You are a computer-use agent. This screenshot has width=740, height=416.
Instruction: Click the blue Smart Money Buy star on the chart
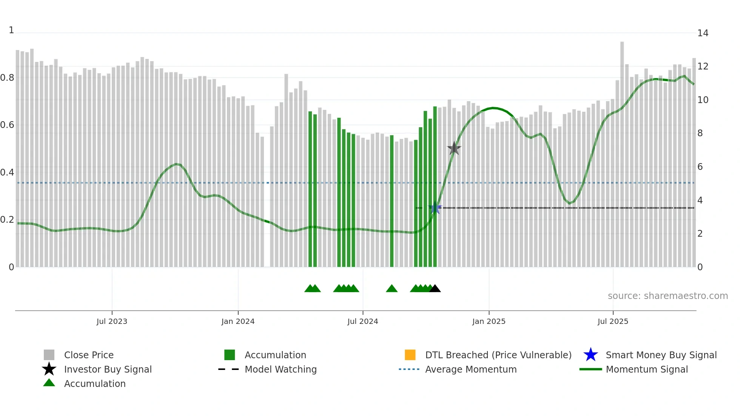pos(435,208)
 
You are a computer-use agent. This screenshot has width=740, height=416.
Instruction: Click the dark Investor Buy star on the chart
pos(454,148)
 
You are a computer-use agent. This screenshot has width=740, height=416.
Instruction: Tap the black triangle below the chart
pos(435,289)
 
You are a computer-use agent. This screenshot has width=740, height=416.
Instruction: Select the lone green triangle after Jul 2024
pos(392,289)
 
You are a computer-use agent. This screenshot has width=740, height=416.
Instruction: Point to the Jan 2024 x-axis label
pos(238,321)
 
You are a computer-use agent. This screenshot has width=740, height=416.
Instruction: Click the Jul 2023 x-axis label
pos(112,321)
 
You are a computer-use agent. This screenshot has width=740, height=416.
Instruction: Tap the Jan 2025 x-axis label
pos(489,321)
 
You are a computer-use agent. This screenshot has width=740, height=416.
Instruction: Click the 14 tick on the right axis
pos(703,33)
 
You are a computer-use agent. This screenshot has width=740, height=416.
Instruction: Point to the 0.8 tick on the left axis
pos(7,78)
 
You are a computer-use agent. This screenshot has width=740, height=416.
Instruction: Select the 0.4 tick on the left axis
pos(7,173)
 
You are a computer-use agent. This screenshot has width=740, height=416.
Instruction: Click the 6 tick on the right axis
pos(700,167)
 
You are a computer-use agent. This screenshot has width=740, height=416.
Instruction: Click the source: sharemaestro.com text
pos(668,296)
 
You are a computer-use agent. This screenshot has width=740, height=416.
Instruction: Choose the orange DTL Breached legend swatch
pos(410,355)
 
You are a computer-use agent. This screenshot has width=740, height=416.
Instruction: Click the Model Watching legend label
pos(281,369)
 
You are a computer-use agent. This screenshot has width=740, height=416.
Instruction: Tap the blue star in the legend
pos(590,355)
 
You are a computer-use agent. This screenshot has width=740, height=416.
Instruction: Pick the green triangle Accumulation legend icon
pos(49,383)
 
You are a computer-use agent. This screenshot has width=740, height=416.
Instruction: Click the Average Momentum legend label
pos(471,369)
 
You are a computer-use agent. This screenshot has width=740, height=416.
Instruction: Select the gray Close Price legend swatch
pos(49,355)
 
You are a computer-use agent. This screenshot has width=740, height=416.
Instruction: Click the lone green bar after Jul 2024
pos(392,200)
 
